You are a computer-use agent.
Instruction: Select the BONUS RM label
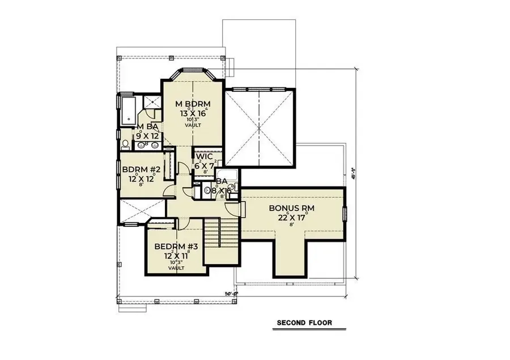point(292,208)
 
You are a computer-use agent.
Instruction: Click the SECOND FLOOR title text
point(304,323)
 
